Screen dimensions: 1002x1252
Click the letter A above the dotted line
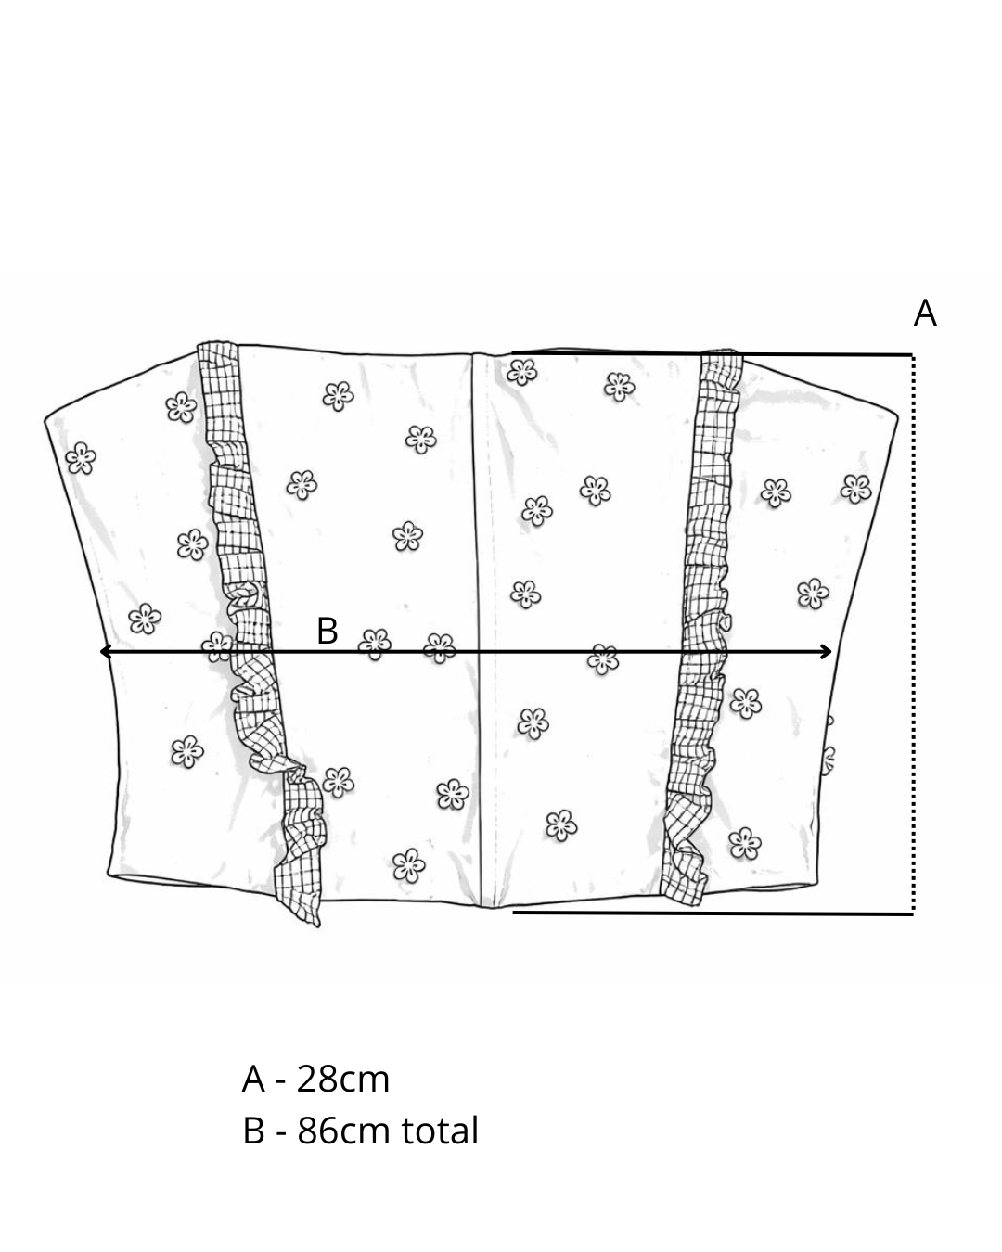tap(925, 313)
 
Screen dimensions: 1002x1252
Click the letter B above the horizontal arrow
tap(328, 631)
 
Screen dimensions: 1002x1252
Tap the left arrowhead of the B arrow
tap(106, 652)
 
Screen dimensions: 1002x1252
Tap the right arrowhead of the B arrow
tap(826, 652)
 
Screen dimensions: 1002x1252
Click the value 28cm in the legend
tap(343, 1080)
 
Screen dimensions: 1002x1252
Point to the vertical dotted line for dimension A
tap(913, 633)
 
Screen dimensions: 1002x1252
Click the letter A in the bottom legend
tap(253, 1080)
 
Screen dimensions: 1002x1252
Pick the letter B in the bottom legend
tap(253, 1131)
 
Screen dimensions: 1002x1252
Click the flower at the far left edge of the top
tap(81, 458)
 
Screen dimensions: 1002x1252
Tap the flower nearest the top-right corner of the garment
tap(855, 489)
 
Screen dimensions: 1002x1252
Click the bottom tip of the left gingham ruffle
tap(318, 925)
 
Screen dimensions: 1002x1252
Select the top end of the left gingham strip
tap(217, 344)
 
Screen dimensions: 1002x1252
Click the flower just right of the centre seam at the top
tap(521, 372)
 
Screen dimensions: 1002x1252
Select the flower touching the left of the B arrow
tap(217, 647)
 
